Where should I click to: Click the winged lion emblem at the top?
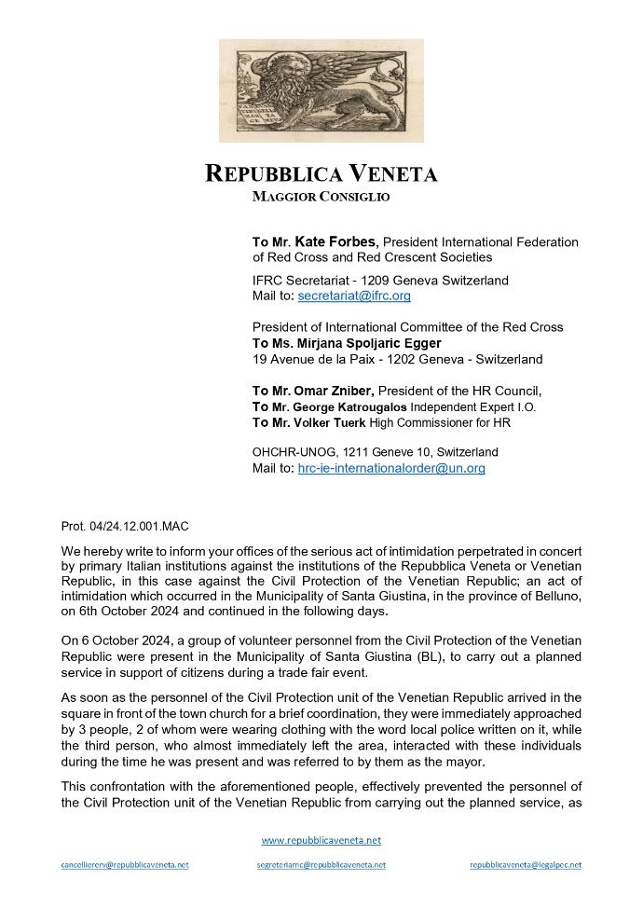[x=321, y=90]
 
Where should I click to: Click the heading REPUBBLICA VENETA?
[x=321, y=174]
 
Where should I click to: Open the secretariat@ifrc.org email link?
[x=353, y=296]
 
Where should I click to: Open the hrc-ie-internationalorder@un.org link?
[x=391, y=468]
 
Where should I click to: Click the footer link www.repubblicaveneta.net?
[x=321, y=840]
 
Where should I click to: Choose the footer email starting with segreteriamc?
[x=321, y=865]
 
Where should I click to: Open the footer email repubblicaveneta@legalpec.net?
[x=526, y=865]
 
